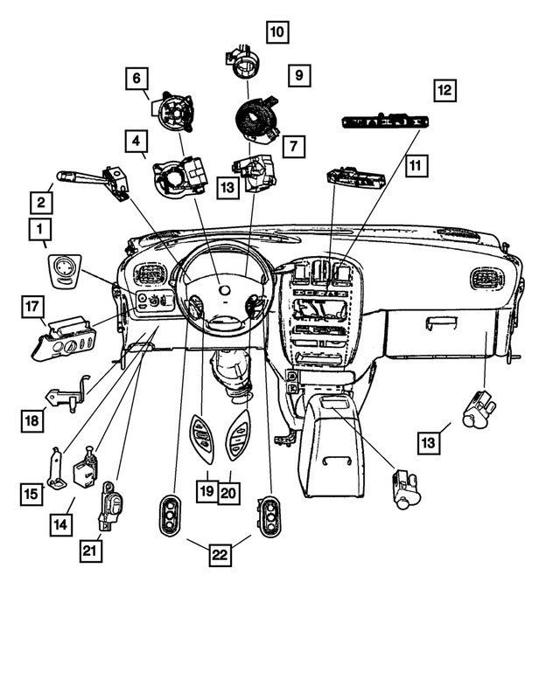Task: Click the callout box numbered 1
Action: [x=39, y=230]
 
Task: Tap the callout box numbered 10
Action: [x=277, y=33]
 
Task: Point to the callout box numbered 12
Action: [x=444, y=89]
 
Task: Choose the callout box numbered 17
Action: [x=32, y=306]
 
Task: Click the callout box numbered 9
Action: [x=299, y=75]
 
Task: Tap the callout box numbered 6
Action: [x=136, y=79]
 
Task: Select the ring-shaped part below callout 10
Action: [x=244, y=60]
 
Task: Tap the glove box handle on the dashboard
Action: [x=440, y=324]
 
